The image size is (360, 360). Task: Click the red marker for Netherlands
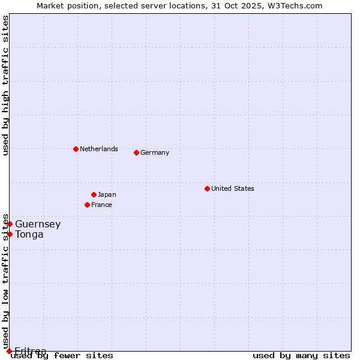coord(76,149)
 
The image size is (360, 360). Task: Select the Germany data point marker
coord(136,152)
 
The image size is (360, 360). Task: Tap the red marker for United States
coord(207,188)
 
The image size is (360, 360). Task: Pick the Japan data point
coord(94,194)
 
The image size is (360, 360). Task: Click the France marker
coord(87,205)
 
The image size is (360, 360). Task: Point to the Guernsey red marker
coord(10,224)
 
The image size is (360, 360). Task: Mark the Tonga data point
coord(10,234)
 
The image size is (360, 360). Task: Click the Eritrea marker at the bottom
coord(9,351)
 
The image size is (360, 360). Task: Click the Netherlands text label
coord(99,149)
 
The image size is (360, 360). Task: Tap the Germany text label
coord(155,152)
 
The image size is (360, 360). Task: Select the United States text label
coord(233,188)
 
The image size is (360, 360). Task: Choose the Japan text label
coord(107,194)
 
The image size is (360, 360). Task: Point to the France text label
coord(101,205)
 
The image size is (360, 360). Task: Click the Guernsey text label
coord(38,224)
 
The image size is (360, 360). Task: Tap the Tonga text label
coord(29,235)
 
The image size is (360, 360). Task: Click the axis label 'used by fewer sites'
coord(62,355)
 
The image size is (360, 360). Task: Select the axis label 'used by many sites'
coord(301,355)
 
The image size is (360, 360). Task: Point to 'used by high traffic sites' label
coord(5,85)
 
